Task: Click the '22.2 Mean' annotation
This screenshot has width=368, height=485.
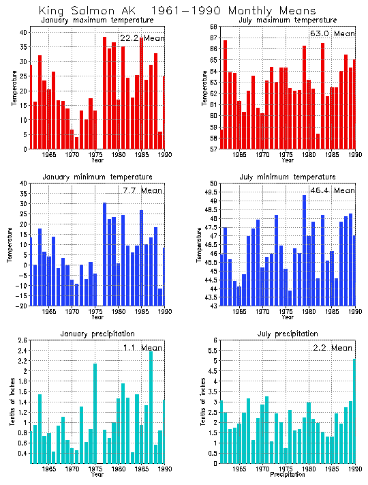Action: tap(142, 38)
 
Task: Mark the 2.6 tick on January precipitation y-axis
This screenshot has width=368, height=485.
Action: tap(22, 340)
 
